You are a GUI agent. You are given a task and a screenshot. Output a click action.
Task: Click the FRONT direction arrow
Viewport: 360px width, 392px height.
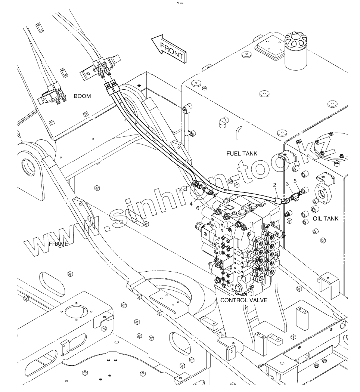[x=169, y=49]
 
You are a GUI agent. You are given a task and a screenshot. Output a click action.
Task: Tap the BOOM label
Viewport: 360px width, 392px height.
[x=82, y=96]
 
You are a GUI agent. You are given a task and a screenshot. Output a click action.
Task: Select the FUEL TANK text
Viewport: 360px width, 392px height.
[x=242, y=154]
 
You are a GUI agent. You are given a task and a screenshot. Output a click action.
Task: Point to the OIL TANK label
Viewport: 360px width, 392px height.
[x=326, y=219]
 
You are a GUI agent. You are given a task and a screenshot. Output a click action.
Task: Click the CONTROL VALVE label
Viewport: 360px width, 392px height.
[x=244, y=300]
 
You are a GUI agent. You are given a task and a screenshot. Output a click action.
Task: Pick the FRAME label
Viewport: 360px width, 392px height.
[x=59, y=244]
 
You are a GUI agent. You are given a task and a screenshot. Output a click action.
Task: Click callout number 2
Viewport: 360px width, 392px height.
[x=274, y=185]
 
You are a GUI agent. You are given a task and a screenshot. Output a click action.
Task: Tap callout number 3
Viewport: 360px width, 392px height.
[x=287, y=184]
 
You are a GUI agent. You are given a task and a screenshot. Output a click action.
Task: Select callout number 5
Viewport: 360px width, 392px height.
[x=295, y=181]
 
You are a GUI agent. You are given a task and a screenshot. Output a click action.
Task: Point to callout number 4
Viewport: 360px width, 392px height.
[x=191, y=204]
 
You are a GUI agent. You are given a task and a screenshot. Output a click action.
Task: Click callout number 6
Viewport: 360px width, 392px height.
[x=198, y=208]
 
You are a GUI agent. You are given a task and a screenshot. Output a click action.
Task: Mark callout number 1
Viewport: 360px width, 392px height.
[x=180, y=191]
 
